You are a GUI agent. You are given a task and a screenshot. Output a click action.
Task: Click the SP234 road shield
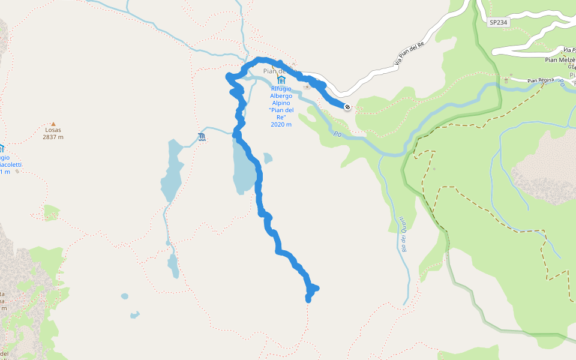[x=497, y=22]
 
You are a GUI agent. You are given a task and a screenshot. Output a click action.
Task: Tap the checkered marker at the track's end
[x=347, y=107]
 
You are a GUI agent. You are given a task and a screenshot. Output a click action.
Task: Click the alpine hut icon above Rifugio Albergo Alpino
[x=281, y=80]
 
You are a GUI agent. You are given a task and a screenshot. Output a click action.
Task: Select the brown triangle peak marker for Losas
[x=53, y=123]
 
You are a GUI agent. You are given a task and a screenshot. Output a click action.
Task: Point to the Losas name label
[x=53, y=130]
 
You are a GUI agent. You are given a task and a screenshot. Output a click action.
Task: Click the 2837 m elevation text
[x=53, y=137]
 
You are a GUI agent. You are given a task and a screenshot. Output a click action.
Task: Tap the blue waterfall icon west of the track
[x=202, y=139]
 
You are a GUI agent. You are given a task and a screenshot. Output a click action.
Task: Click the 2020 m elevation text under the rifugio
[x=281, y=125]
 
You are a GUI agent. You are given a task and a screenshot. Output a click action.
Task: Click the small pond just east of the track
[x=268, y=158]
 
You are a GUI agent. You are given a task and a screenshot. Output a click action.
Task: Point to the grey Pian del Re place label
[x=273, y=71]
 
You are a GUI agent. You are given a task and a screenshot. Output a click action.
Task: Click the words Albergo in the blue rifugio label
[x=281, y=96]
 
